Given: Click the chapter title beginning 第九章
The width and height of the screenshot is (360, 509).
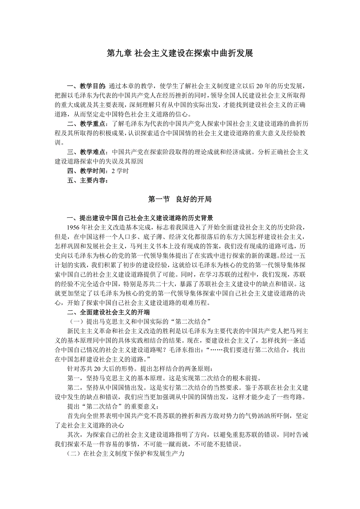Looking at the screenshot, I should [180, 54].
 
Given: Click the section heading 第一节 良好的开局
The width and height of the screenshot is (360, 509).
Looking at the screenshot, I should [180, 199].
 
